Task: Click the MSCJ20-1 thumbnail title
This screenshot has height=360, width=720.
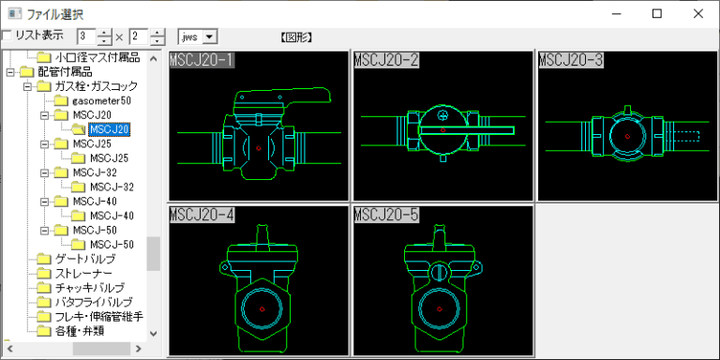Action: [202, 60]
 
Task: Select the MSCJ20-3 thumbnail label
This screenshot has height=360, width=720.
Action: [571, 60]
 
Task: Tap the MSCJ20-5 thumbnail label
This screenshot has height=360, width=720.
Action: [386, 215]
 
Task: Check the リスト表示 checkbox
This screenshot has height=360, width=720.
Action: [7, 36]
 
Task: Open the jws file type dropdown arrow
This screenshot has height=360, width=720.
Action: [209, 37]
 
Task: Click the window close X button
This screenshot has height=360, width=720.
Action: [697, 14]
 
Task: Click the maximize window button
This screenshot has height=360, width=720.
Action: [657, 14]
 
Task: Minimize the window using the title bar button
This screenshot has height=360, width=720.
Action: [617, 14]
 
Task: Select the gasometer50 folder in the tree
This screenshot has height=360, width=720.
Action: [102, 100]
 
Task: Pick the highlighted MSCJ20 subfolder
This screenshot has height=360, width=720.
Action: [110, 129]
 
